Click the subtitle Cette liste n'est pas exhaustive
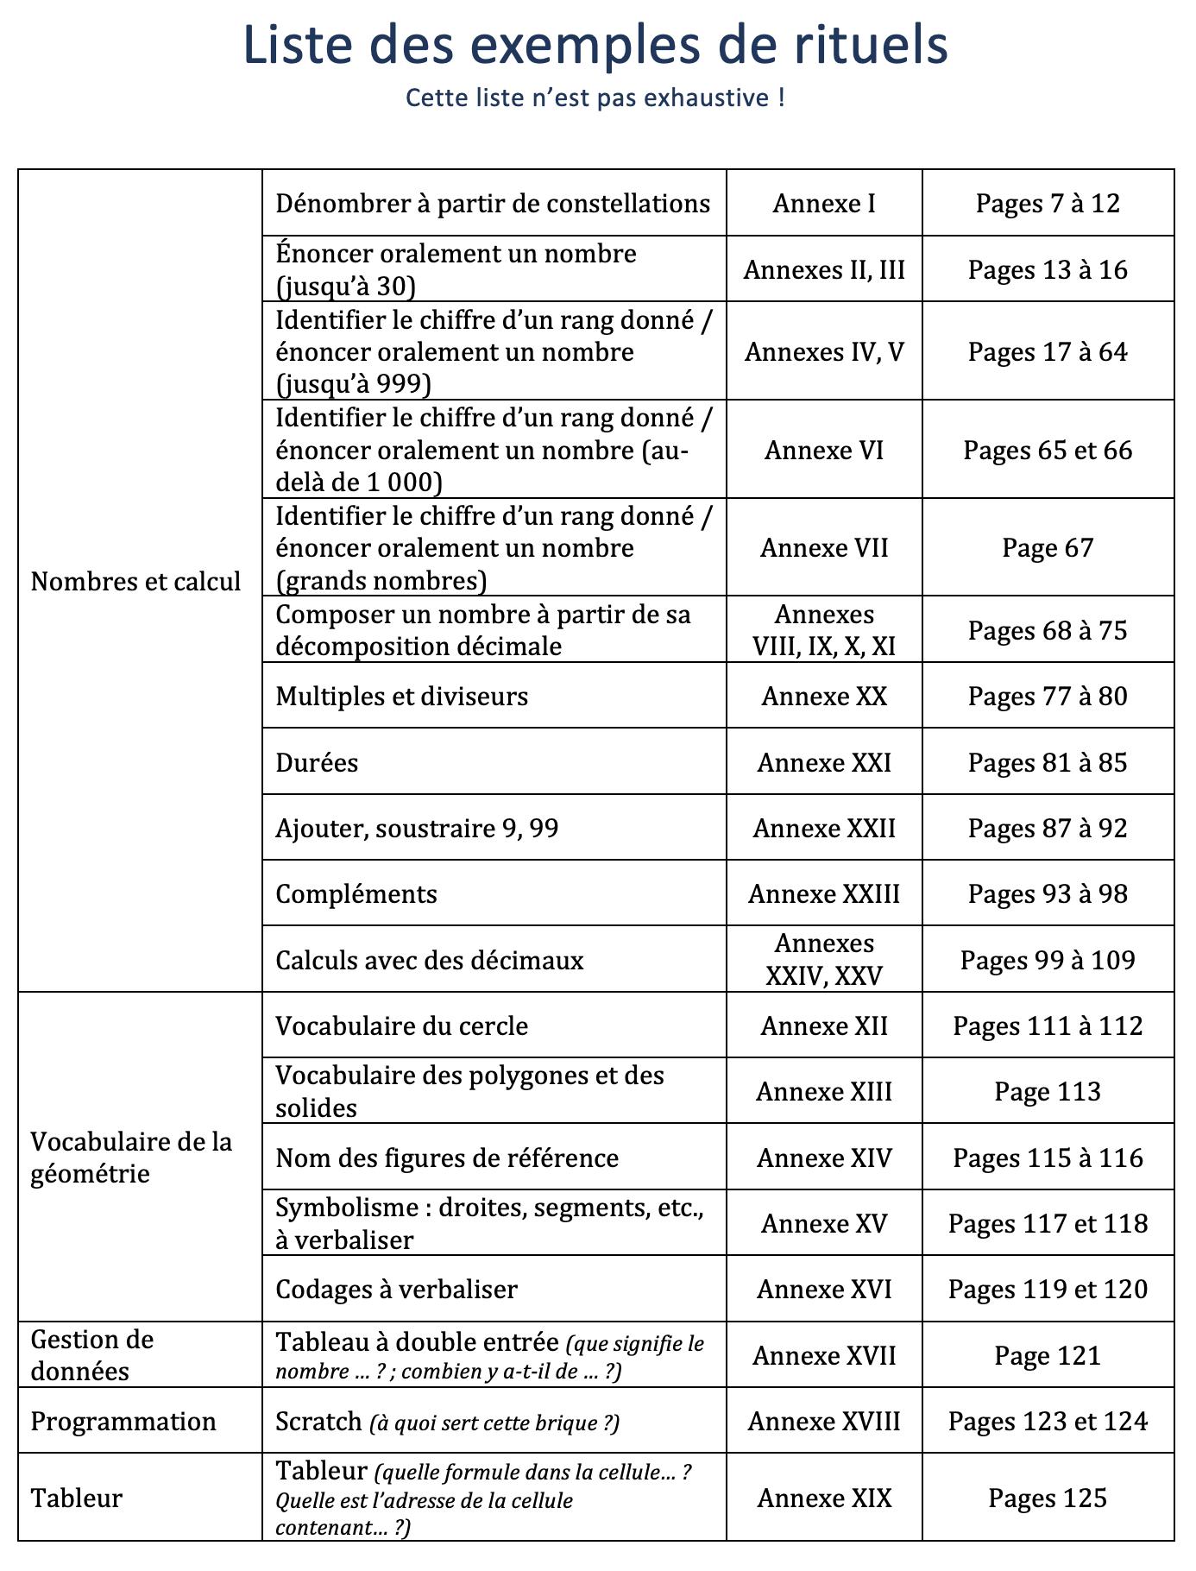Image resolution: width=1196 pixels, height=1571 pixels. [x=595, y=98]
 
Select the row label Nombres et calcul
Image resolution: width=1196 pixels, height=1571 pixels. [x=135, y=582]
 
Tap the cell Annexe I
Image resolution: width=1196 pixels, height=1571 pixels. [x=824, y=204]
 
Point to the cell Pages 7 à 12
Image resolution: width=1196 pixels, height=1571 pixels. [x=1048, y=204]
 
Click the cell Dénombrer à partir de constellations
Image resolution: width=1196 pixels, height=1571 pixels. [x=493, y=204]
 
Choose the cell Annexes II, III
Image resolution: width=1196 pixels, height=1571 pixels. [x=824, y=270]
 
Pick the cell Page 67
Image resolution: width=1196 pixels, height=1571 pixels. [x=1048, y=548]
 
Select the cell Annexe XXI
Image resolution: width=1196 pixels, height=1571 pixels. [x=824, y=763]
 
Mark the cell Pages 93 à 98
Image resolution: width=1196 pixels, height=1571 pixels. [x=1048, y=893]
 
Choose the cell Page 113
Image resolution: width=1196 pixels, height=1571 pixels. [x=1048, y=1092]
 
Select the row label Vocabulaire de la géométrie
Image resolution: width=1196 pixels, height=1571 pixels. [x=131, y=1158]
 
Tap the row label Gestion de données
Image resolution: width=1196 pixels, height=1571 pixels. [x=92, y=1355]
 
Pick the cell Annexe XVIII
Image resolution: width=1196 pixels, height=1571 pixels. [x=824, y=1422]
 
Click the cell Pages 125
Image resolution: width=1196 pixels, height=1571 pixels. [x=1048, y=1498]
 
